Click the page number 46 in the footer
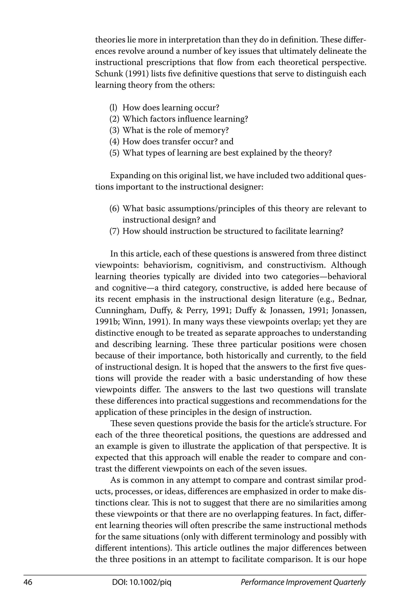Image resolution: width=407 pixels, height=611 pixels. click(28, 582)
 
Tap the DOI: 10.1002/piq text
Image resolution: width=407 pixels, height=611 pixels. click(142, 582)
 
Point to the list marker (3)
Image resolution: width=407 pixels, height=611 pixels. click(114, 130)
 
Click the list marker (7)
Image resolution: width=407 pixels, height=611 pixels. click(114, 231)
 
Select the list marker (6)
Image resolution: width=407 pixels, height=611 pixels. click(114, 209)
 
